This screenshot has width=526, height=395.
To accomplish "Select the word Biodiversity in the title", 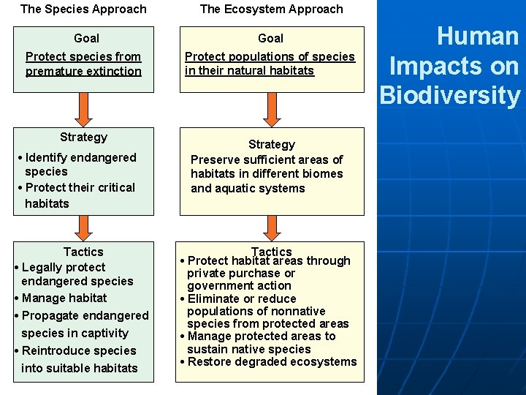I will click(449, 95).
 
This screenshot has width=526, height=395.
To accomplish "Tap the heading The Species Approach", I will click(83, 10).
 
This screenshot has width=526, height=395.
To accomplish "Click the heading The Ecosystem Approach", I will click(271, 10).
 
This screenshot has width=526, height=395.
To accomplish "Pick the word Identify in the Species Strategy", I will click(47, 157).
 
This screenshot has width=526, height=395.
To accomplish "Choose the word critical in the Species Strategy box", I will click(109, 187).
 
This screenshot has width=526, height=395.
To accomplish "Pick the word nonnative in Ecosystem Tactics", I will click(296, 311).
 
